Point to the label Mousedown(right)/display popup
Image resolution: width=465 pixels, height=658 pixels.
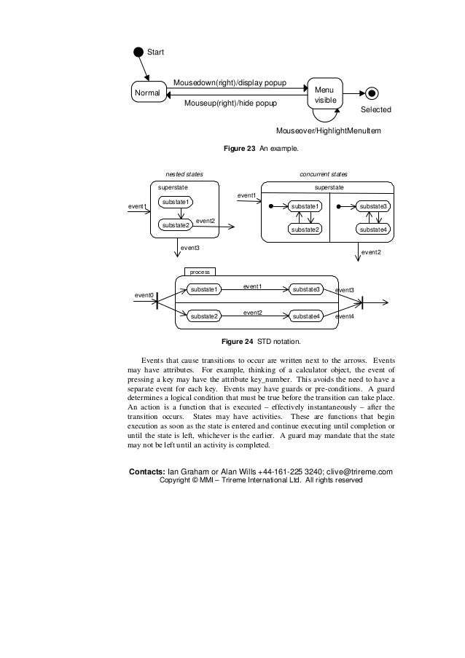coord(229,83)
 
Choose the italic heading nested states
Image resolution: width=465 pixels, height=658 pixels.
coord(184,175)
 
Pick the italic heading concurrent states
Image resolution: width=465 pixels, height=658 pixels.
coord(324,175)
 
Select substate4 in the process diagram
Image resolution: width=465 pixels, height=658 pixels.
coord(306,316)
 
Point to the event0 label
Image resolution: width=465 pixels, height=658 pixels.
coord(144,295)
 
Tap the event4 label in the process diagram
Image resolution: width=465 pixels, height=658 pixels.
coord(345,318)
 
